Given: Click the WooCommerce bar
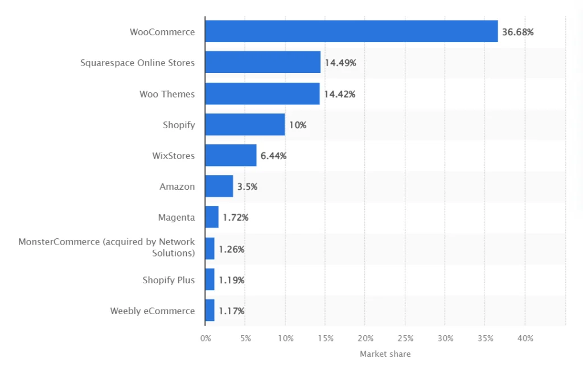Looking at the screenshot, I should pyautogui.click(x=351, y=31).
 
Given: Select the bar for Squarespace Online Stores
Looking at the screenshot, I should pyautogui.click(x=262, y=62).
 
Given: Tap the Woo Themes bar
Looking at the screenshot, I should pyautogui.click(x=262, y=93).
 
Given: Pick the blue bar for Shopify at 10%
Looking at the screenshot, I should pyautogui.click(x=245, y=124).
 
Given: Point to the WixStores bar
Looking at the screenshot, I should pyautogui.click(x=231, y=155).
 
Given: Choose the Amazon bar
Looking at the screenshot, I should pyautogui.click(x=219, y=186).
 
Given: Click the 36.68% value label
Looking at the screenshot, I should pyautogui.click(x=518, y=32).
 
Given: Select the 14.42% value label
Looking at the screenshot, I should pyautogui.click(x=340, y=94).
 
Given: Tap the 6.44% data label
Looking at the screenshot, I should pyautogui.click(x=274, y=156).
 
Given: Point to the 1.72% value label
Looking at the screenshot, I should pyautogui.click(x=236, y=218).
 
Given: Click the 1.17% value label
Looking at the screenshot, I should pyautogui.click(x=232, y=311).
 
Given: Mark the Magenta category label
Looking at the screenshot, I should pyautogui.click(x=176, y=217).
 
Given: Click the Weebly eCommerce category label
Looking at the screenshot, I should pyautogui.click(x=153, y=311).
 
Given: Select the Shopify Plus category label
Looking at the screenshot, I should pyautogui.click(x=169, y=280).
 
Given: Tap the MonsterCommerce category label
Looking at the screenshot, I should pyautogui.click(x=106, y=247).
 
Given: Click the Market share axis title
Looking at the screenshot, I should pyautogui.click(x=385, y=354).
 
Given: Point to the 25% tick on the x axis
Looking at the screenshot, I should pyautogui.click(x=405, y=339).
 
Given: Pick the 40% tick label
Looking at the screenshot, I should pyautogui.click(x=525, y=339).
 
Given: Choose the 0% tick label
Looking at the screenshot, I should pyautogui.click(x=206, y=339).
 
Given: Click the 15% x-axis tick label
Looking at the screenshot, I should pyautogui.click(x=325, y=339).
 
